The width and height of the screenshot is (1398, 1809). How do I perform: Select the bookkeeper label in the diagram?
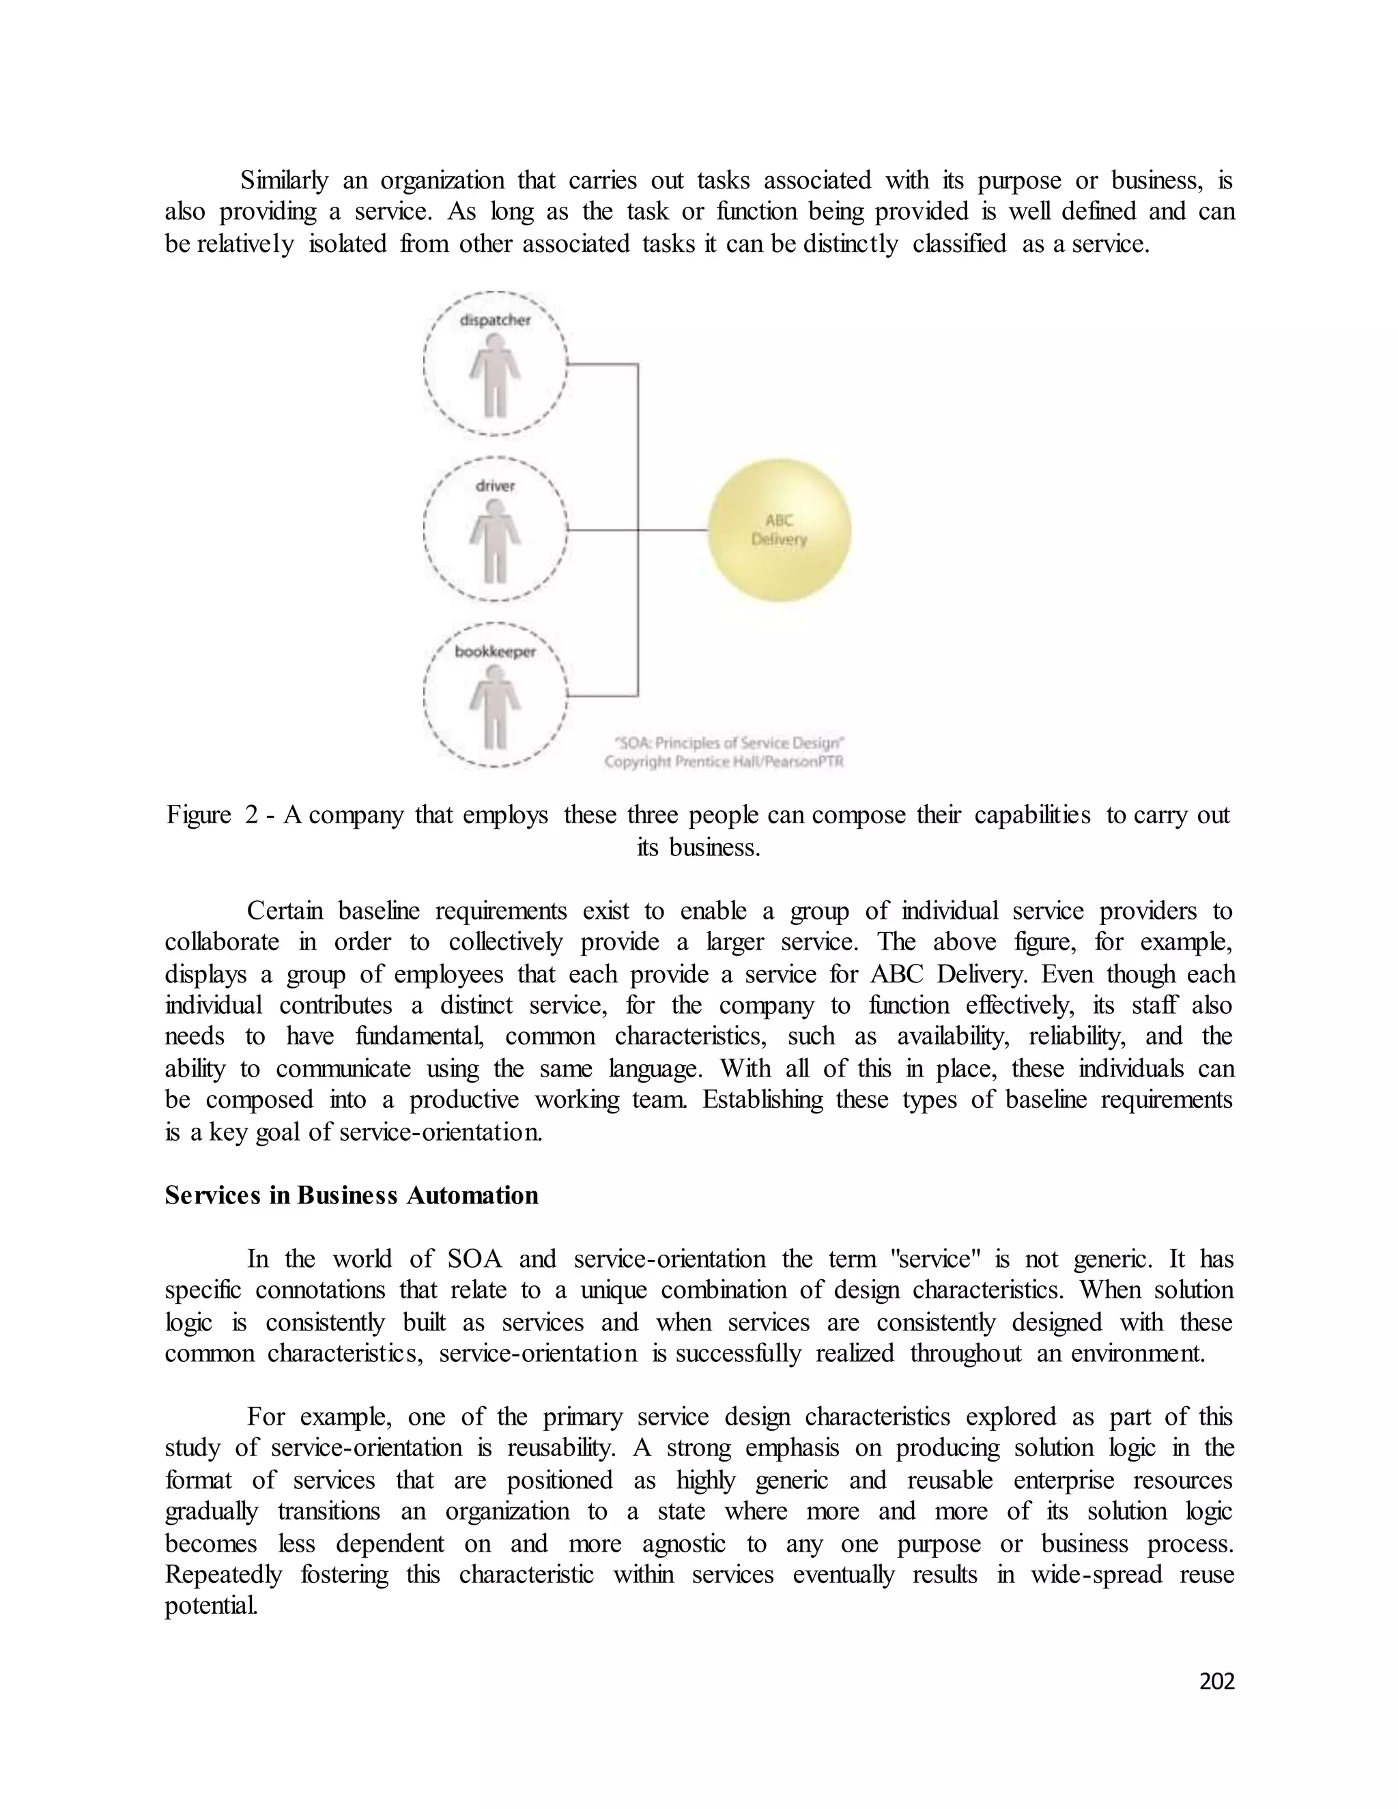click(496, 652)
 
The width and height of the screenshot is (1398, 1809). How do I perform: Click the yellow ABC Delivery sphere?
click(778, 530)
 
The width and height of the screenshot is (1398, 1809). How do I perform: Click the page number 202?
click(1216, 1681)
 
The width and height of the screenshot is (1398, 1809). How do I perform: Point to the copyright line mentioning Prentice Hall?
click(724, 762)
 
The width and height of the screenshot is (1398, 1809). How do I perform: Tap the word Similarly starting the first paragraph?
click(284, 180)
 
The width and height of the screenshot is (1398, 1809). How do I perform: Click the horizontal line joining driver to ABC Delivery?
click(638, 530)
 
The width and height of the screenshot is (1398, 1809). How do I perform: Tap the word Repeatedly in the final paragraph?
click(223, 1575)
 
